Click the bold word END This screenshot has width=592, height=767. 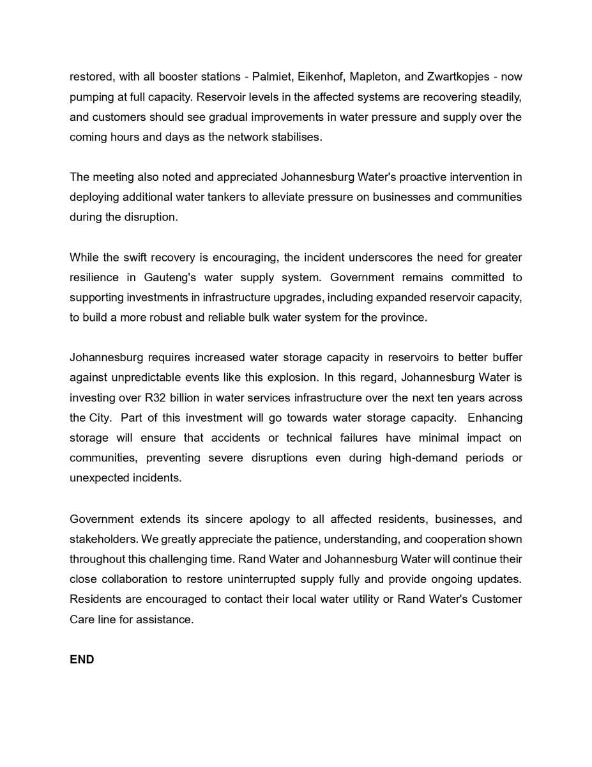point(82,660)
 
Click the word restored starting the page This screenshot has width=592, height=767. point(89,77)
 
